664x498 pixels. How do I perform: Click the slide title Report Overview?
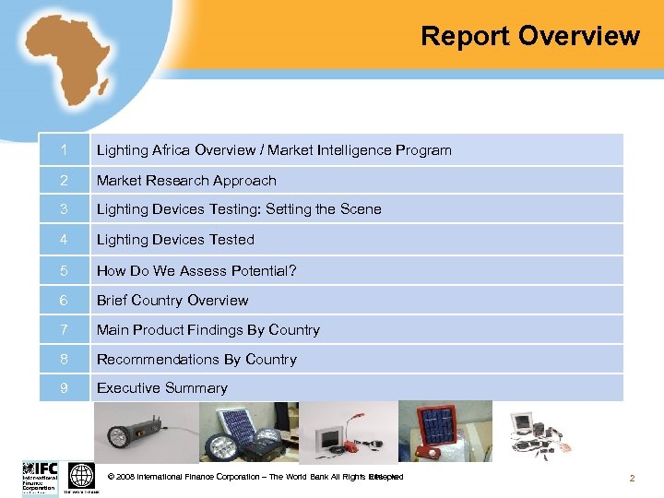[529, 36]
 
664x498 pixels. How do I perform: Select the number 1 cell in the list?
[64, 149]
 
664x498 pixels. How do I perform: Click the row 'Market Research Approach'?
[186, 180]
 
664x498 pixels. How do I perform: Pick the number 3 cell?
[64, 208]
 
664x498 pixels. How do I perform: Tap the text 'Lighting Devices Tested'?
[175, 239]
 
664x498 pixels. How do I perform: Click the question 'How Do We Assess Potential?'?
[196, 270]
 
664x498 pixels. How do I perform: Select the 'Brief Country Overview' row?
[172, 300]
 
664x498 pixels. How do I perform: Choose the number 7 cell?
[64, 329]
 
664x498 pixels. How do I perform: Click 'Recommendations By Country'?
[196, 359]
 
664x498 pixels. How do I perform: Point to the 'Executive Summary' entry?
[162, 387]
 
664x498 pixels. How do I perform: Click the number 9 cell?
[64, 387]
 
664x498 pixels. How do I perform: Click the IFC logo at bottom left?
[40, 477]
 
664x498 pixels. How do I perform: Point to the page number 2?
[632, 478]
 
